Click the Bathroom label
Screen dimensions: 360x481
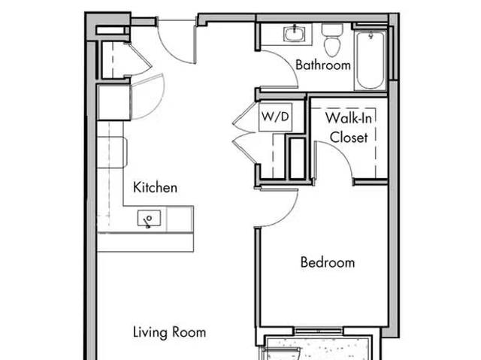click(x=323, y=65)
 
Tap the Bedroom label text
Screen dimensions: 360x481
click(x=327, y=262)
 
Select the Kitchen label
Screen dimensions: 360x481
click(x=155, y=187)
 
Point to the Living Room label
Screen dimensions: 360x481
click(x=169, y=331)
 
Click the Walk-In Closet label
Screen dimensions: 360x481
click(x=346, y=128)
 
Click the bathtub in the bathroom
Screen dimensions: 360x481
click(x=371, y=59)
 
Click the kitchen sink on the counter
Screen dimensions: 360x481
click(x=149, y=219)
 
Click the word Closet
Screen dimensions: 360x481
click(x=349, y=138)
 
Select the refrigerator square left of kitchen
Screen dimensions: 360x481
click(x=113, y=103)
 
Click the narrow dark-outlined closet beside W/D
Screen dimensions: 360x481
click(x=298, y=157)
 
